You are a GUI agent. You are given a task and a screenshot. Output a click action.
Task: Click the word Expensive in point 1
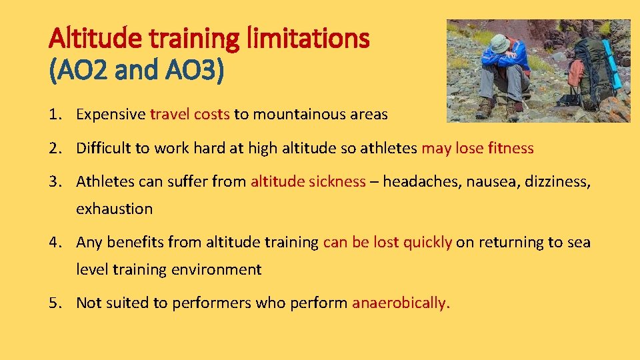click(x=111, y=114)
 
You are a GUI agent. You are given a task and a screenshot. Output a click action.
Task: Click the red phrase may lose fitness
click(x=477, y=148)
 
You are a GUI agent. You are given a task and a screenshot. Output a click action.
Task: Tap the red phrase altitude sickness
click(x=308, y=181)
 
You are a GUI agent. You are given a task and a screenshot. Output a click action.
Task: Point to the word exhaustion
click(x=114, y=209)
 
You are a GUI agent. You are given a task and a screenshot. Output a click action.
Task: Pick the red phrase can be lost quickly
click(x=387, y=242)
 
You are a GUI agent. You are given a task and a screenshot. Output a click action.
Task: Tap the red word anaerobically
click(x=401, y=303)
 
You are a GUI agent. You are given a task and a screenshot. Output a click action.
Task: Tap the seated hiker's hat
click(x=499, y=42)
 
